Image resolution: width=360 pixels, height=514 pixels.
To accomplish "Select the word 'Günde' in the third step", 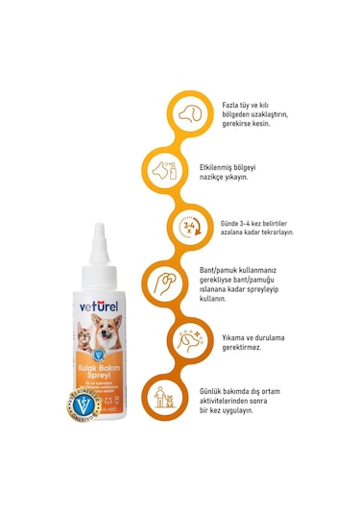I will point(236,219).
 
